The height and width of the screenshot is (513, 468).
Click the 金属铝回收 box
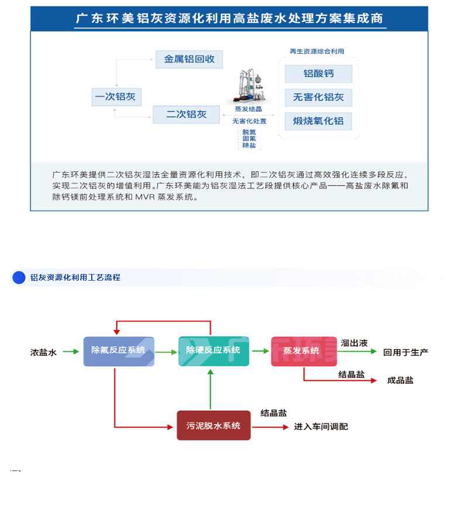[189, 59]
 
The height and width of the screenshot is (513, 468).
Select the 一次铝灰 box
[116, 97]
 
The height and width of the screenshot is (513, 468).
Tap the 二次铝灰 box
[187, 114]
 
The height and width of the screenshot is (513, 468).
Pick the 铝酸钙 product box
[318, 74]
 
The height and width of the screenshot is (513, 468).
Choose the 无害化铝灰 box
[318, 97]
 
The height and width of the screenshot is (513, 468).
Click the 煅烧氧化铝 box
[318, 121]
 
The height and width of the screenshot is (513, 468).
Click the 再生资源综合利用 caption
[316, 51]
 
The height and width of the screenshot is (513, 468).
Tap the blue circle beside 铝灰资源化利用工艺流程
[19, 277]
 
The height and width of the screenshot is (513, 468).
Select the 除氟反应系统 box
[119, 351]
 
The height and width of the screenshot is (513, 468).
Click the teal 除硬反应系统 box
[214, 351]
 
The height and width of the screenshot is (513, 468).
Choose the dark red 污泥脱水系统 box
[214, 426]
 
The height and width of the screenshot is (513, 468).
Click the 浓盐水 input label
[44, 352]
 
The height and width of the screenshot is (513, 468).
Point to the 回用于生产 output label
[405, 352]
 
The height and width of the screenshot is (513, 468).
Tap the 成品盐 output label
[400, 380]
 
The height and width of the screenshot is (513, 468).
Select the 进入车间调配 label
[321, 426]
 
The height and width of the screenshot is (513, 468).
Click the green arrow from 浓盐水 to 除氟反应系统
[71, 352]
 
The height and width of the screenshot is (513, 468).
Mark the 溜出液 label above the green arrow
[354, 343]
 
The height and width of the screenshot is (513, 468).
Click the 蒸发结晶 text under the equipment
[248, 109]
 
